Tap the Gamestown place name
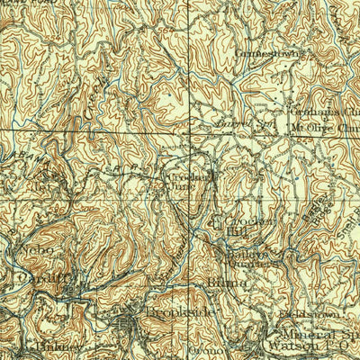click(265, 52)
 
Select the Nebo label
click(36, 247)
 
